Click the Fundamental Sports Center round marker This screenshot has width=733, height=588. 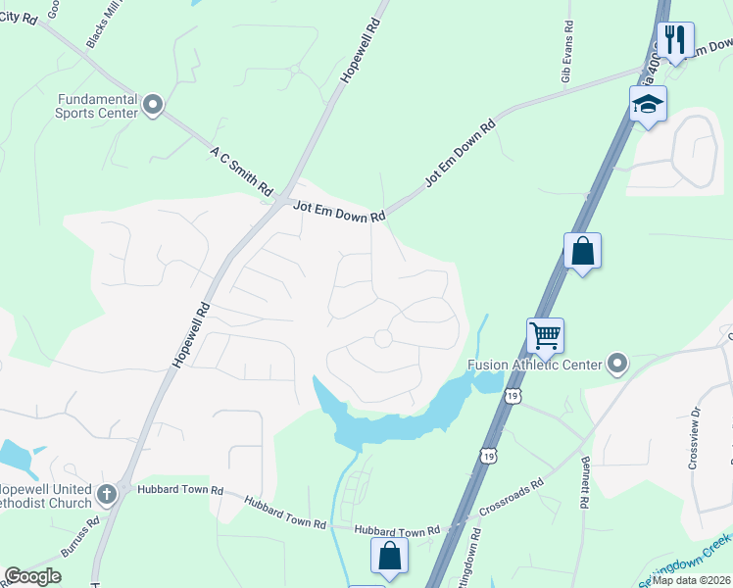pos(152,104)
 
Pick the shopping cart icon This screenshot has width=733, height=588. pos(544,335)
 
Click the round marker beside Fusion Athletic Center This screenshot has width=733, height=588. pos(616,365)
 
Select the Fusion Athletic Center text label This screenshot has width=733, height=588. pos(534,366)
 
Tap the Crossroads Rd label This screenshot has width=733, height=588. pos(511,499)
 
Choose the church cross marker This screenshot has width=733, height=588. pos(107,492)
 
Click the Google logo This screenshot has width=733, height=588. pos(32,576)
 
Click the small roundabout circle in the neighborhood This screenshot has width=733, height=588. pos(382,338)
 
